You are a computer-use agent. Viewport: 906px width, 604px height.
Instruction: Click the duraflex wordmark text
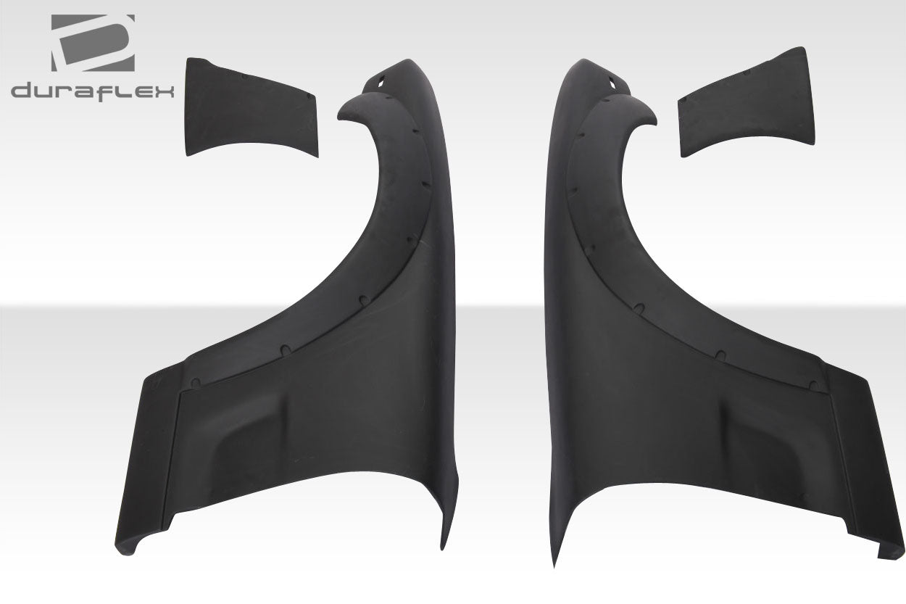coord(92,91)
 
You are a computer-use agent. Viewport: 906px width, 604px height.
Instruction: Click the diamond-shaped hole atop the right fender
coord(612,83)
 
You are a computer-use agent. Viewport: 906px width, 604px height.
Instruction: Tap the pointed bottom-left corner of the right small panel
coord(683,154)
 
